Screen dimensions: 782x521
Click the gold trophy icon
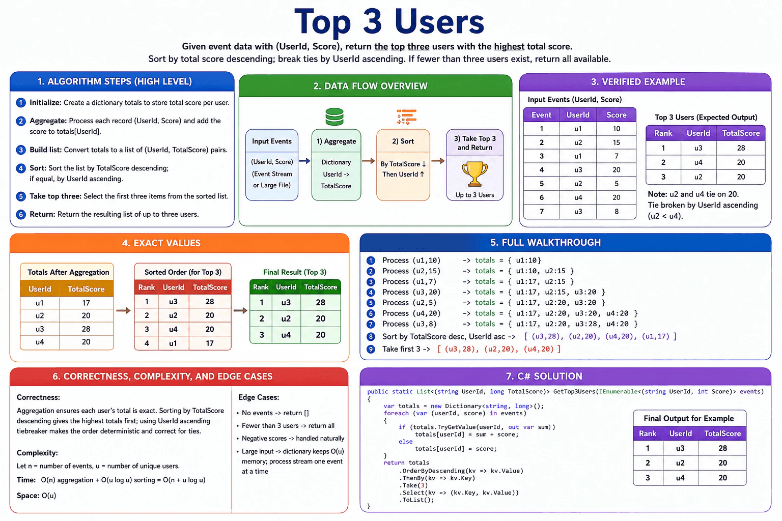(x=474, y=174)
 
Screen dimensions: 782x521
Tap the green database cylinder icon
(x=334, y=117)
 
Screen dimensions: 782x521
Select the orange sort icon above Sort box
(x=407, y=117)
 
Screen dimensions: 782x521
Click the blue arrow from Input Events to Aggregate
(x=304, y=161)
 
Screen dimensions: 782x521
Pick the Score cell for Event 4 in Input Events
(x=616, y=169)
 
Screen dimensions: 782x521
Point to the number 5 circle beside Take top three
(x=21, y=196)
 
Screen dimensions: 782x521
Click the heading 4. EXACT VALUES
(x=161, y=243)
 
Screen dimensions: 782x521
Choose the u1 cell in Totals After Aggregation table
(x=40, y=303)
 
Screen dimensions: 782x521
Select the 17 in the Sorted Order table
(x=209, y=343)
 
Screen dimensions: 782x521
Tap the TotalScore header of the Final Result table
(x=320, y=287)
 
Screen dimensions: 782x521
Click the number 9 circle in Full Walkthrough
(x=371, y=349)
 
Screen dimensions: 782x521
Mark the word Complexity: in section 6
(x=37, y=453)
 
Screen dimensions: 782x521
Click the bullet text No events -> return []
(x=275, y=413)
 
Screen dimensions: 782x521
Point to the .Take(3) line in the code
(x=413, y=485)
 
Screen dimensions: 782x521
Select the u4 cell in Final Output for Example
(x=680, y=478)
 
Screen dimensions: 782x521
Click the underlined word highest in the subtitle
(x=509, y=46)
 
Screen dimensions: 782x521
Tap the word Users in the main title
(x=439, y=22)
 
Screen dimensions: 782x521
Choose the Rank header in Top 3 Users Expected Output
(x=663, y=133)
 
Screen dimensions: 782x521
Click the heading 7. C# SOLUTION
(x=544, y=376)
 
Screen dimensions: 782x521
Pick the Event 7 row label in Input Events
(x=542, y=212)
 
